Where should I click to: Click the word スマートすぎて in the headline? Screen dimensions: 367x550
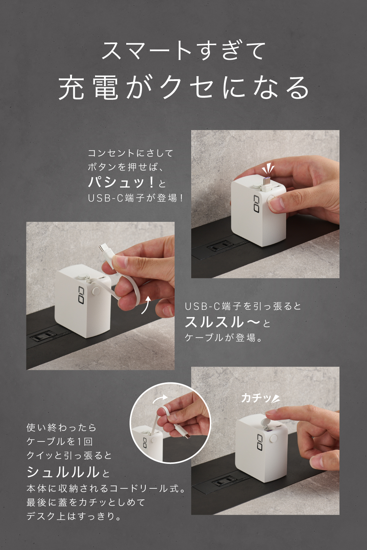click(183, 51)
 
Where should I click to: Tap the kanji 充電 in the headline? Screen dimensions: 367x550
click(88, 88)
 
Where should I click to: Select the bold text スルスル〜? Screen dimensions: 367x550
click(222, 322)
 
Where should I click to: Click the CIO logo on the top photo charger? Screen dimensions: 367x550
click(256, 204)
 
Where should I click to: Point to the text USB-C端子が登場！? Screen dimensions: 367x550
click(135, 198)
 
